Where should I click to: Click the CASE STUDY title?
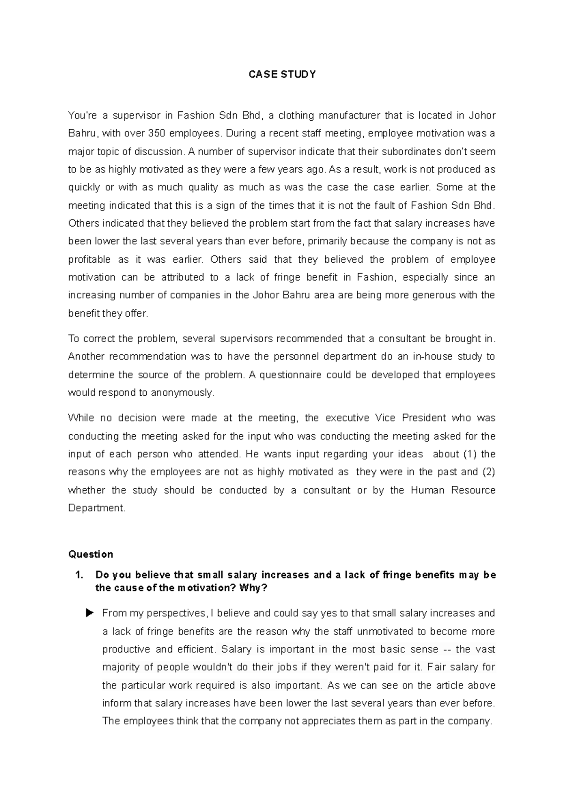[x=282, y=74]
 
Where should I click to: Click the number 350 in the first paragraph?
[x=157, y=133]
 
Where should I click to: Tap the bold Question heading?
[x=91, y=555]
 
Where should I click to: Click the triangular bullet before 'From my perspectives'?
[x=90, y=613]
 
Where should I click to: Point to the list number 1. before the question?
[x=78, y=575]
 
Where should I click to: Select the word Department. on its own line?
[x=97, y=509]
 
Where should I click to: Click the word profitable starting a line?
[x=89, y=260]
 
